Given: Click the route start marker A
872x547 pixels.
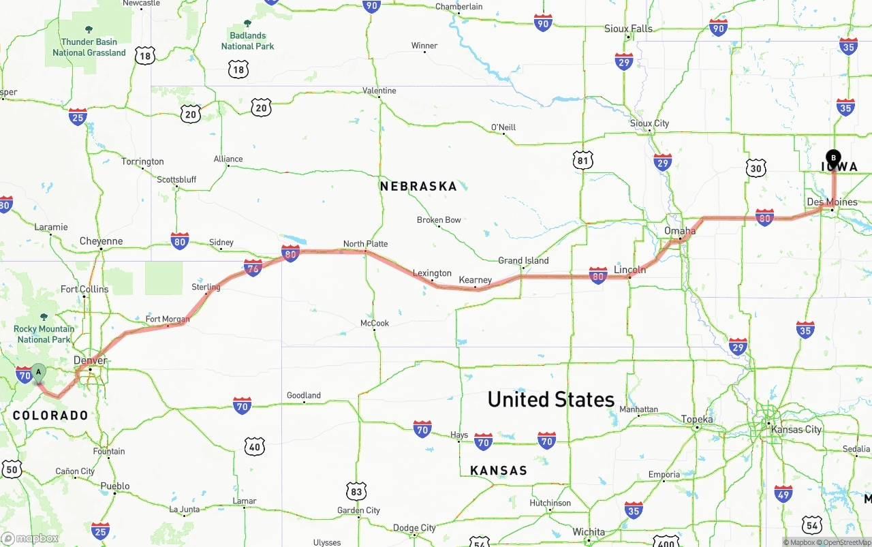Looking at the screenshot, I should pyautogui.click(x=39, y=373).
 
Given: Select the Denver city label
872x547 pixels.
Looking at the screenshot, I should pyautogui.click(x=91, y=360).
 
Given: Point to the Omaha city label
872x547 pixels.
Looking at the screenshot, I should pyautogui.click(x=680, y=231).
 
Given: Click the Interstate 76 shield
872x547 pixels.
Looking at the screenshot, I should pyautogui.click(x=253, y=268).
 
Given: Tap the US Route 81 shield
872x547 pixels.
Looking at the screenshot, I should pyautogui.click(x=582, y=161).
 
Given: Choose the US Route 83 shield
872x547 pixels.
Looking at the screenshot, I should pyautogui.click(x=356, y=491).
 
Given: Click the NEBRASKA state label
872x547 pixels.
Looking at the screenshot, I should pyautogui.click(x=418, y=186).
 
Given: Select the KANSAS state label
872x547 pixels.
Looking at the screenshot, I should pyautogui.click(x=499, y=471).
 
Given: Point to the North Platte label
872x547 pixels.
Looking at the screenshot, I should pyautogui.click(x=365, y=244).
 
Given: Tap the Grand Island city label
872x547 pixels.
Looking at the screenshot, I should pyautogui.click(x=523, y=260).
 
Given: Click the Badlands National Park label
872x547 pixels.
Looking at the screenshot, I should pyautogui.click(x=247, y=41).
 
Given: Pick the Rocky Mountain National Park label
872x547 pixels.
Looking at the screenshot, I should pyautogui.click(x=44, y=334).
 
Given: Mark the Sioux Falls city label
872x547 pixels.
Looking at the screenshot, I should pyautogui.click(x=628, y=29).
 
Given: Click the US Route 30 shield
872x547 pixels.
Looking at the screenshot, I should pyautogui.click(x=756, y=168).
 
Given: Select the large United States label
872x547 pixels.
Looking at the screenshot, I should pyautogui.click(x=551, y=399).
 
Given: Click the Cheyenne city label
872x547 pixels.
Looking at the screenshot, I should pyautogui.click(x=101, y=241).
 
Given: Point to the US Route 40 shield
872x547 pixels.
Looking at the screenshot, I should pyautogui.click(x=255, y=447).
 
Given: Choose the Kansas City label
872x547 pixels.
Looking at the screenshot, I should pyautogui.click(x=796, y=430).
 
